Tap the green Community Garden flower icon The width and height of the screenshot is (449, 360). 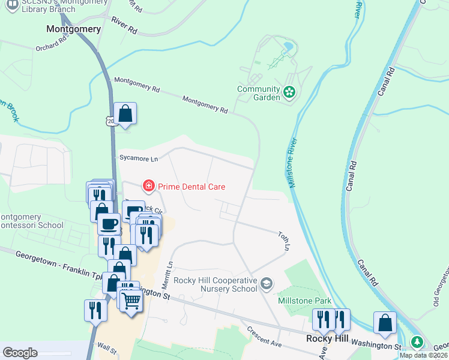[289, 92]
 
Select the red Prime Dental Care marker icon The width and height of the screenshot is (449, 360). [148, 187]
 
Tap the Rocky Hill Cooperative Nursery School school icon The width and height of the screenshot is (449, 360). [267, 282]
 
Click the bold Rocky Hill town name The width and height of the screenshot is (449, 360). [324, 338]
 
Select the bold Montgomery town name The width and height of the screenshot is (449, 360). [73, 28]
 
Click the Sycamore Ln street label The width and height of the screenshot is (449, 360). [137, 158]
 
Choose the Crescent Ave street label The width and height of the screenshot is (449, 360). [265, 337]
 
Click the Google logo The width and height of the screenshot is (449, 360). [20, 352]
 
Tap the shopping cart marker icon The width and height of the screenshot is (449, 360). [131, 299]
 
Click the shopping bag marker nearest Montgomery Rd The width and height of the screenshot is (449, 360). [125, 113]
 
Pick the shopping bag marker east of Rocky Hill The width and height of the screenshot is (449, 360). [385, 322]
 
